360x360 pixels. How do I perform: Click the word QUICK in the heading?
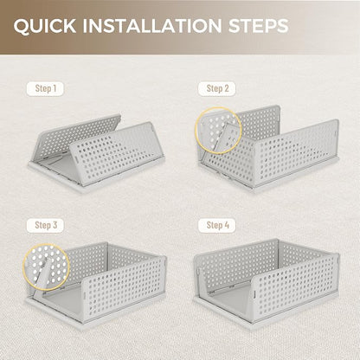click(45, 26)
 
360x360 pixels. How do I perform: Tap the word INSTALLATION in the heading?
click(152, 25)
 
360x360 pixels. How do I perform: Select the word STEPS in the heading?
click(258, 25)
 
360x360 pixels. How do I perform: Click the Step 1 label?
click(45, 88)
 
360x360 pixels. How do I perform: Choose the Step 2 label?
click(217, 88)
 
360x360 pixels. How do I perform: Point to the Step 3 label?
click(45, 225)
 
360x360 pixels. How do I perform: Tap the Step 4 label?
click(217, 225)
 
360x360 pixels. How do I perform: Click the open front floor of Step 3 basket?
click(62, 303)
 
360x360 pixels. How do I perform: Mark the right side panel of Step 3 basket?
click(124, 287)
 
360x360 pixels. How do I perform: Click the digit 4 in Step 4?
click(227, 225)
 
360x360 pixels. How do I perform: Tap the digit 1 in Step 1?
click(55, 88)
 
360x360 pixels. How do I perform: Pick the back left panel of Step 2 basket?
click(260, 123)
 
